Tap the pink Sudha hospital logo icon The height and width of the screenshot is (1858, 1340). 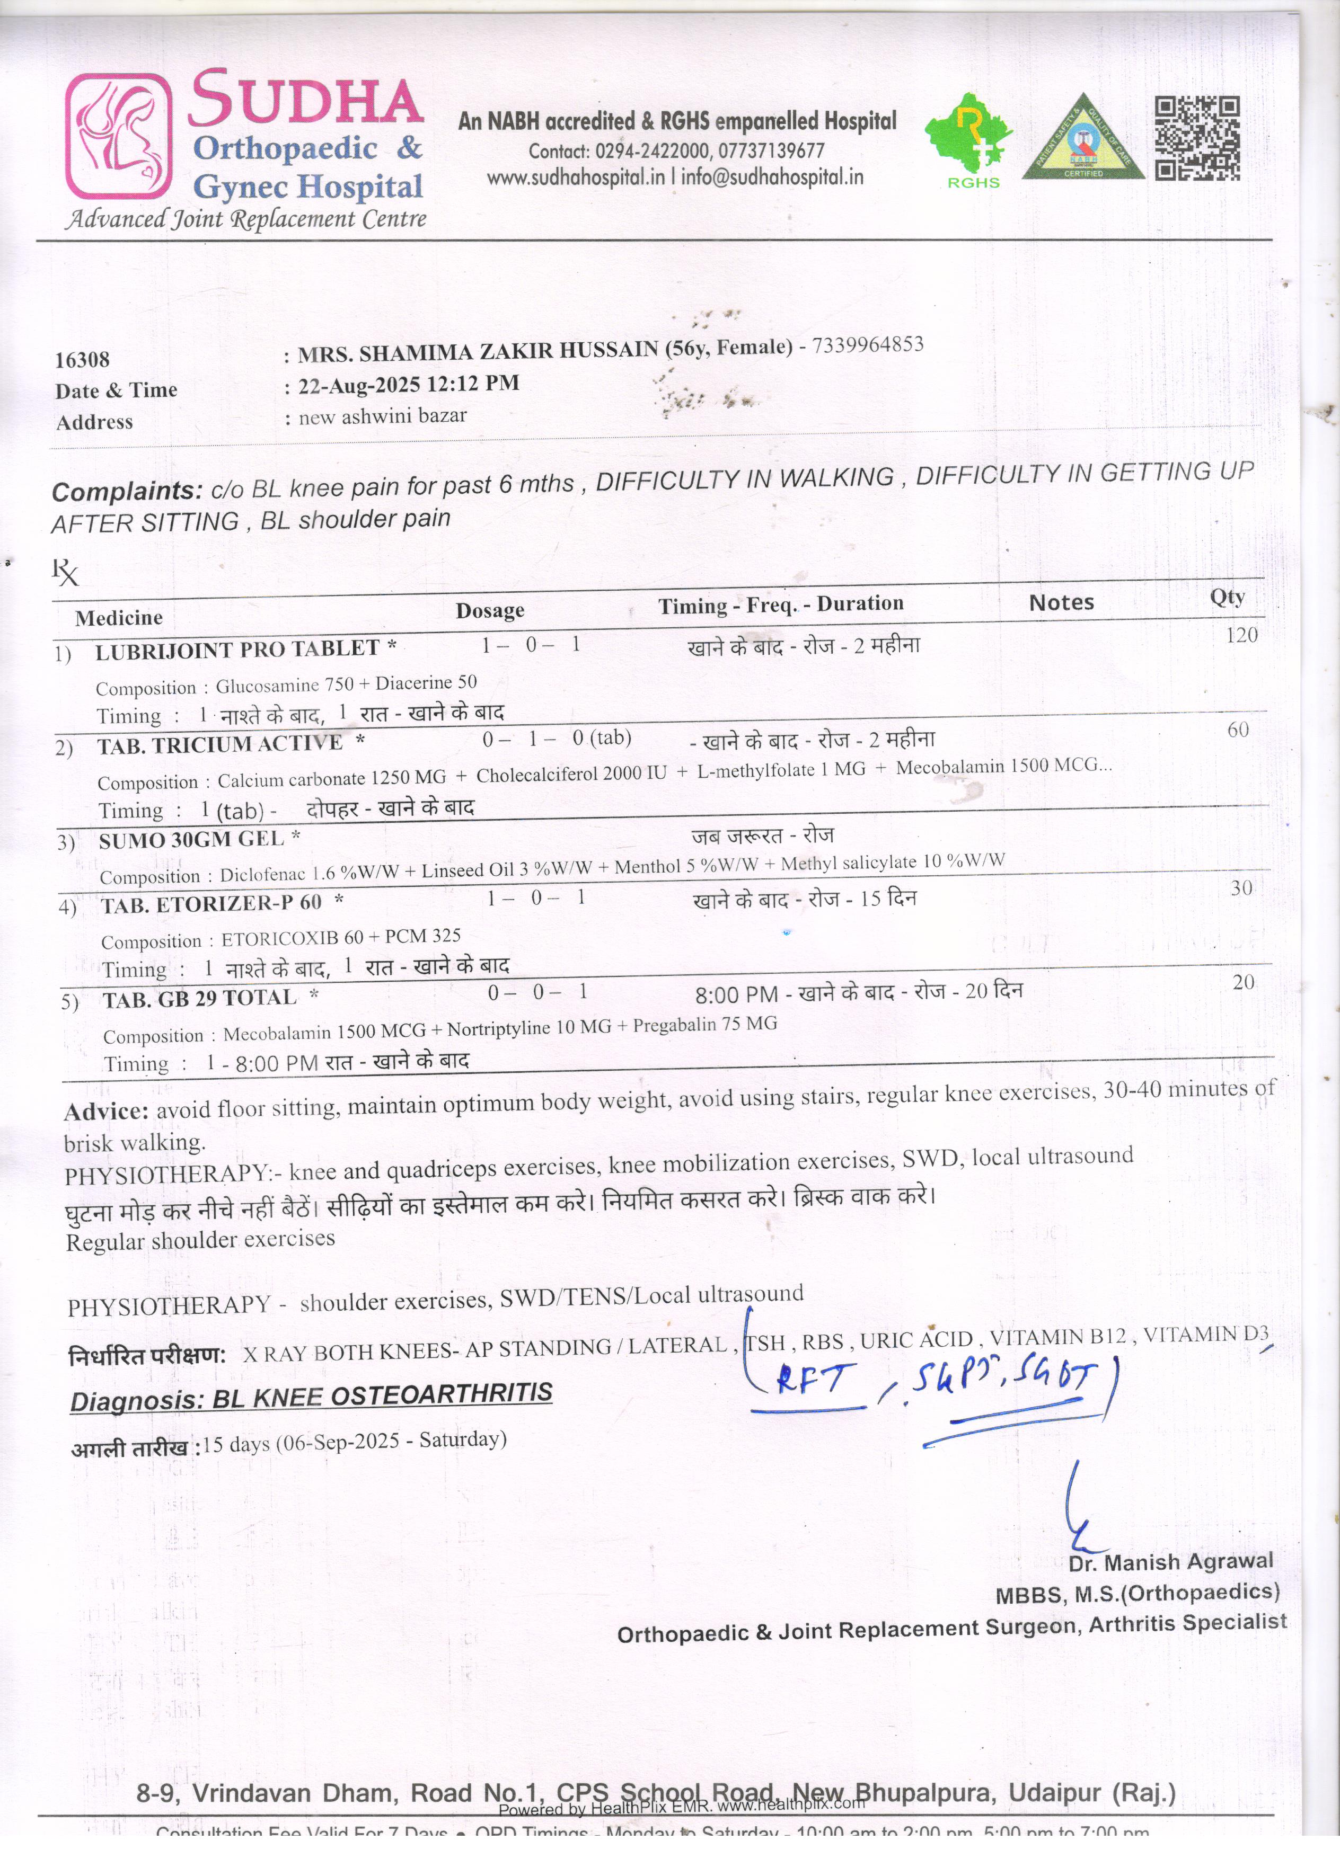pyautogui.click(x=119, y=136)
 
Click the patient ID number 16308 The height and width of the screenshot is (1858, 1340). pyautogui.click(x=82, y=360)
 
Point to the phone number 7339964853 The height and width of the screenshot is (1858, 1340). pyautogui.click(x=867, y=345)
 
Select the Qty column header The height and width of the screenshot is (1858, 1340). pyautogui.click(x=1227, y=597)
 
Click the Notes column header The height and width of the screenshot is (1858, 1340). pyautogui.click(x=1061, y=603)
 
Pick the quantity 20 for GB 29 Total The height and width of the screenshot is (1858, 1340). pyautogui.click(x=1242, y=982)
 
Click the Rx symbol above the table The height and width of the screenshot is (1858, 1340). pyautogui.click(x=66, y=572)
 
